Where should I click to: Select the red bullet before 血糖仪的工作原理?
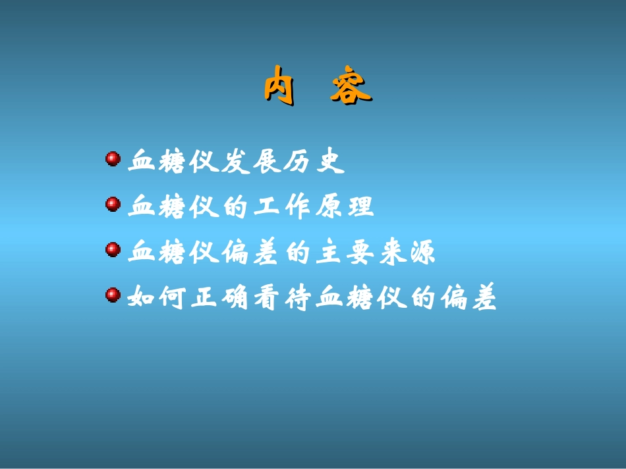coord(113,205)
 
